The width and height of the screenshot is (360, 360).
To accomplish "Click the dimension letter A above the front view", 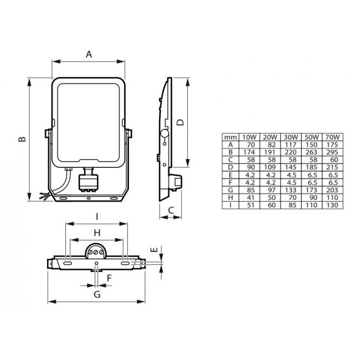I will click(x=88, y=54).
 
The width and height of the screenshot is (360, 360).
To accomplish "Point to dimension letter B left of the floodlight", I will click(x=20, y=139).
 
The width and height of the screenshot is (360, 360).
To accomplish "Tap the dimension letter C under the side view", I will click(x=172, y=210).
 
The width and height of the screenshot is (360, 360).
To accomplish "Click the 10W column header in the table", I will click(x=249, y=137).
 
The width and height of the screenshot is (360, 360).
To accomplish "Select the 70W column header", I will click(x=333, y=137).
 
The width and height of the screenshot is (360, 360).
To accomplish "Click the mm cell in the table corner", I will click(x=229, y=137).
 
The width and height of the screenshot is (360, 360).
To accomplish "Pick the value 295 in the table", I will click(x=333, y=151).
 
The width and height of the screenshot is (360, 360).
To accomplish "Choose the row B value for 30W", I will click(x=290, y=151).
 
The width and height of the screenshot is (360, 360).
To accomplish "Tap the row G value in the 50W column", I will click(x=312, y=188).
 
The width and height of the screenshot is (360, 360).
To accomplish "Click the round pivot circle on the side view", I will click(x=164, y=134).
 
